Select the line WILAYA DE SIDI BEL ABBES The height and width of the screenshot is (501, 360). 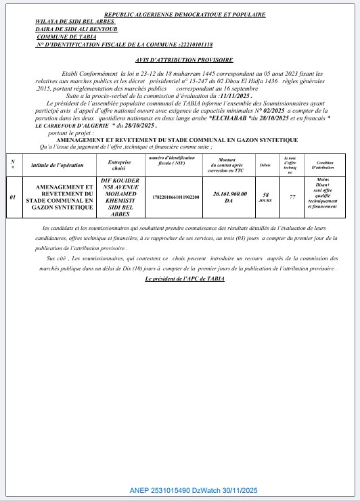[x=68, y=21]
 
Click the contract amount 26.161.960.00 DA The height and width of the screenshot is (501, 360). [x=229, y=197]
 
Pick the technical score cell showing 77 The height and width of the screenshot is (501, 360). [x=292, y=197]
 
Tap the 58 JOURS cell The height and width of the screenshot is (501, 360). [x=265, y=197]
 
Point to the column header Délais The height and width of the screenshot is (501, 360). [x=265, y=165]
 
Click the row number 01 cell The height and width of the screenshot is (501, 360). [x=13, y=197]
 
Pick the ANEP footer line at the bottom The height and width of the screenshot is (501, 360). [x=194, y=490]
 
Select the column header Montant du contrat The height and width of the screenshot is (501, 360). [x=229, y=164]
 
